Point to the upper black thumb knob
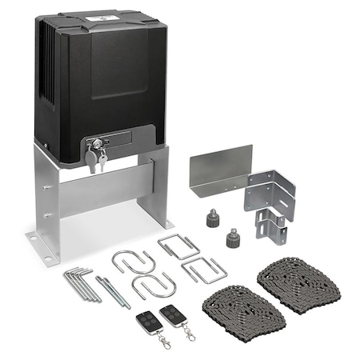point(214,218)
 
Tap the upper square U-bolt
point(178,247)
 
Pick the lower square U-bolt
point(203,270)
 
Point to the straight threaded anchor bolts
point(113,290)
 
